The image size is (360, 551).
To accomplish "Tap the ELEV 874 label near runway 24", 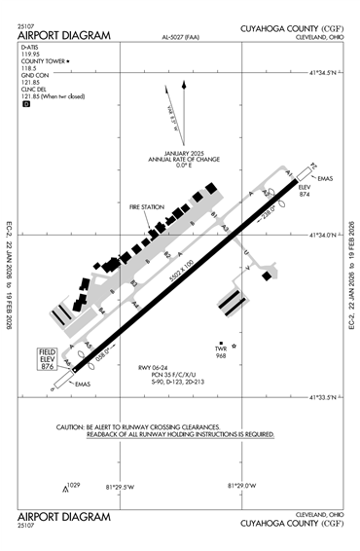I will pyautogui.click(x=304, y=190).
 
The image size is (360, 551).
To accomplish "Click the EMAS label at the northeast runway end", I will pyautogui.click(x=326, y=178).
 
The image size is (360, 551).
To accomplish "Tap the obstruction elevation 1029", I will pyautogui.click(x=73, y=485).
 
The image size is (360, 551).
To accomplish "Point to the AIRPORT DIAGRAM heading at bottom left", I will pyautogui.click(x=64, y=516).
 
